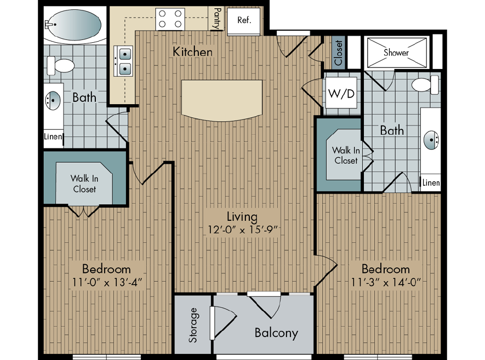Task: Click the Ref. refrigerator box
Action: (x=243, y=21)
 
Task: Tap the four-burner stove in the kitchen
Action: (x=170, y=19)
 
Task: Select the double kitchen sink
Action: (x=123, y=61)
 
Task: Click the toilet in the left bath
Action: (x=61, y=66)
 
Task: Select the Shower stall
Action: (x=397, y=53)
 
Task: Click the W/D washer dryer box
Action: (x=341, y=93)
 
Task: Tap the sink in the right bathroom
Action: (x=431, y=140)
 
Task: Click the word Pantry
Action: (x=218, y=18)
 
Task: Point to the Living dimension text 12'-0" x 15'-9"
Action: (x=242, y=230)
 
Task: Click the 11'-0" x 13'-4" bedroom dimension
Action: (x=107, y=282)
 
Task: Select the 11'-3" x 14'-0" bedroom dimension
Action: (x=386, y=282)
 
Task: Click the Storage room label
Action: (x=193, y=325)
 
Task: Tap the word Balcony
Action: (x=276, y=333)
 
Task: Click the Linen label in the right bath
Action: (x=431, y=183)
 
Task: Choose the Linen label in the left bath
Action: (x=53, y=136)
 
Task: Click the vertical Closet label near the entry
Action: (x=338, y=53)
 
